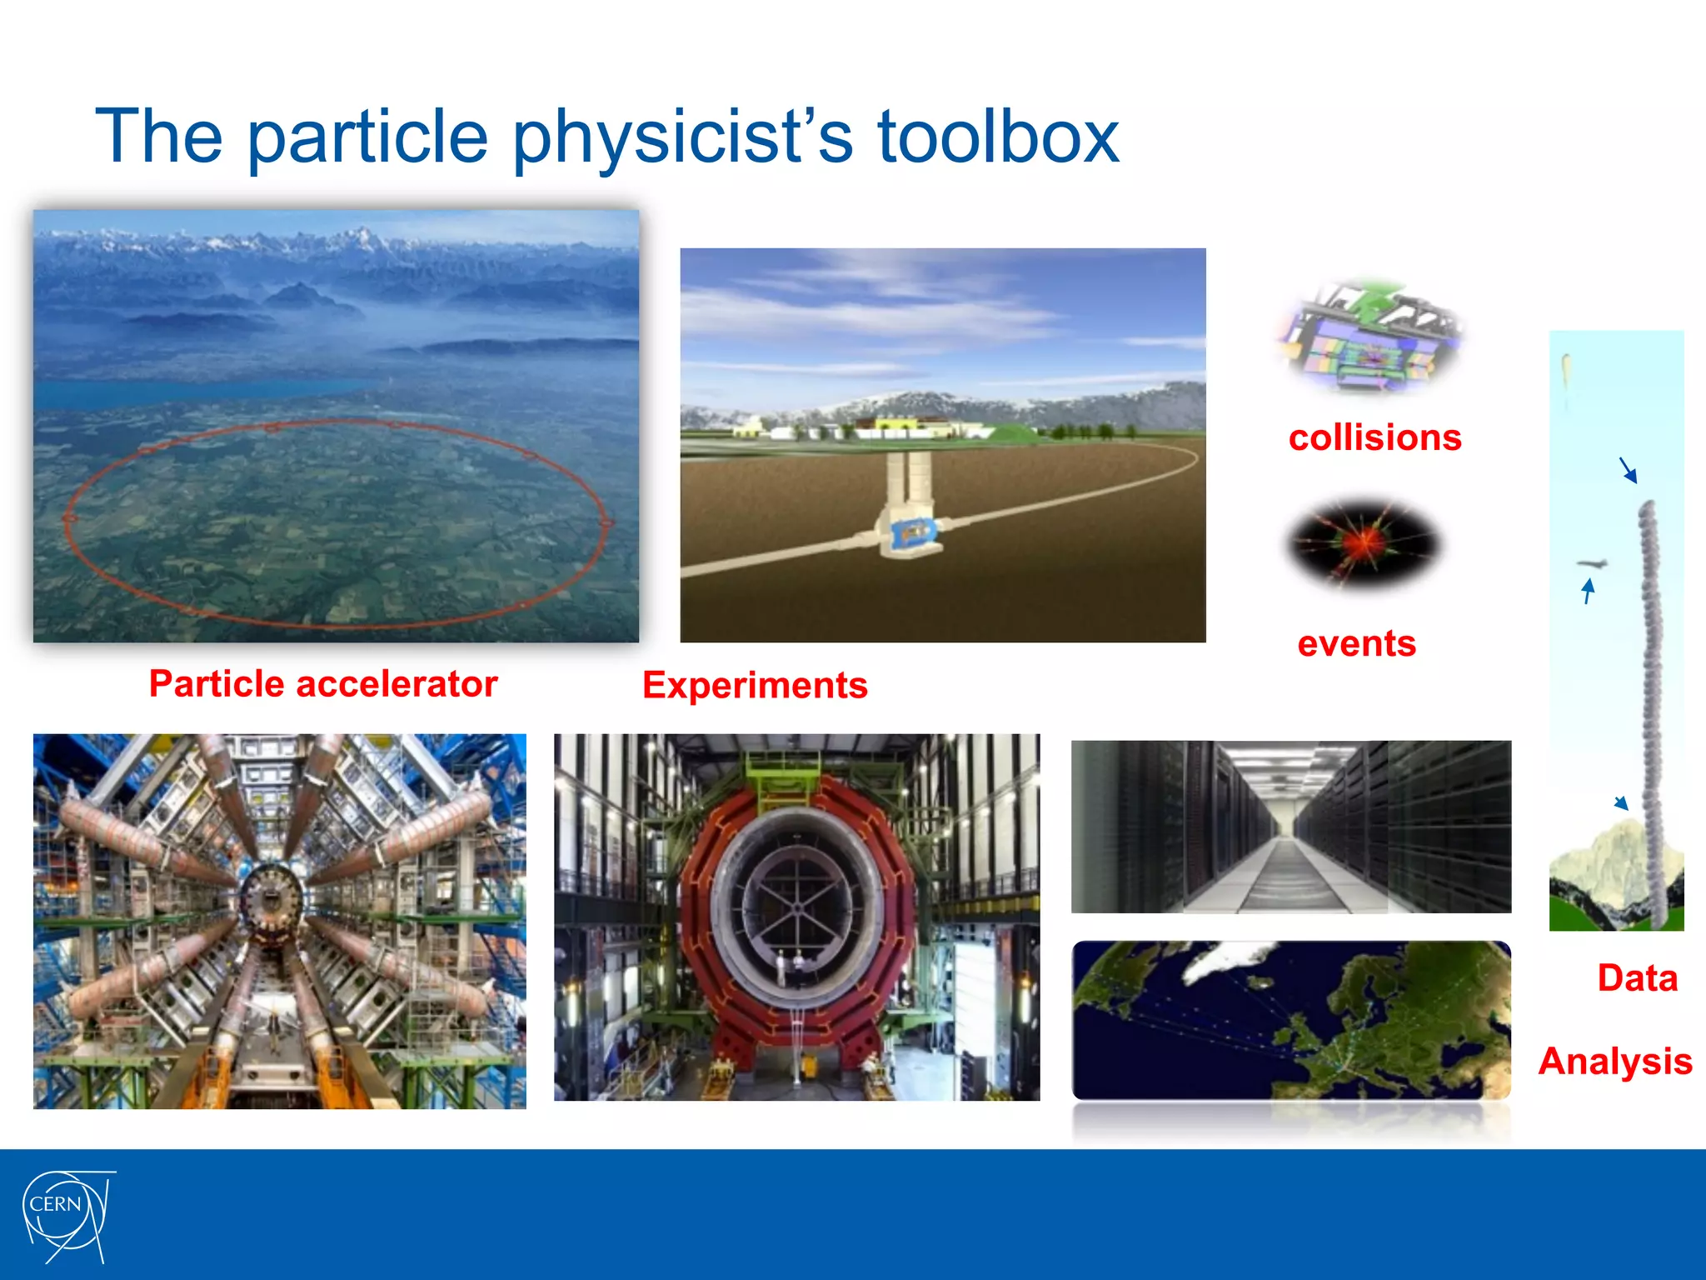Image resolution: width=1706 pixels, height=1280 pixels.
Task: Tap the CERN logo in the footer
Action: [66, 1215]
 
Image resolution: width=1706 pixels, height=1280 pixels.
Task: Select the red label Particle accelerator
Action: [323, 684]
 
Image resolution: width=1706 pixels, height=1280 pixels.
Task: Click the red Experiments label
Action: [755, 686]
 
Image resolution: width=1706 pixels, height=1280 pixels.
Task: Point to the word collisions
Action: [1374, 438]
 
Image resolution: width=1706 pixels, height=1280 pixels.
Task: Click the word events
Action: [1356, 644]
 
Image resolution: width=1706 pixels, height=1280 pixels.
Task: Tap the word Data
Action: [1637, 978]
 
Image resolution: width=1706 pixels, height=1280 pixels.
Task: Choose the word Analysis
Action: [1614, 1062]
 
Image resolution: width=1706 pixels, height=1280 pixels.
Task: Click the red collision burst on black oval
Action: [1363, 544]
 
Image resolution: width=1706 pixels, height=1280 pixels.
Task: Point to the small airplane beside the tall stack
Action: [1592, 564]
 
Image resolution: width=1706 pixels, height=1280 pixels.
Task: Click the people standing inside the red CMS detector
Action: [790, 967]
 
